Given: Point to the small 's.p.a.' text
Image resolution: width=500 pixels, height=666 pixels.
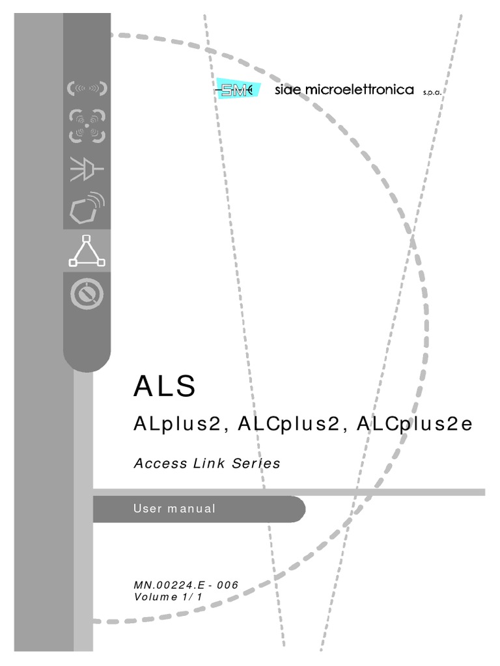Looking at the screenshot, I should point(432,92).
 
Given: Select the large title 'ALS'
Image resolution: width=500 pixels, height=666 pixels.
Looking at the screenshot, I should point(164,386).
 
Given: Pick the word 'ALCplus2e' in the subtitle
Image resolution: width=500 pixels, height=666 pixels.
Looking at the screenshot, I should point(412,425).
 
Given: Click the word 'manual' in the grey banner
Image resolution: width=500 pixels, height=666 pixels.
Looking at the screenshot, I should point(191,509).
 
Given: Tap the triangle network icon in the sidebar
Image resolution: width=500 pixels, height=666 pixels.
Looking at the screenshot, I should point(87,251).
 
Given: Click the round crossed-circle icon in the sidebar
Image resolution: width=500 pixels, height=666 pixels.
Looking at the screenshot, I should point(87,295).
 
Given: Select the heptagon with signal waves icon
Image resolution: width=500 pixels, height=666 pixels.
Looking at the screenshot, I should point(87,207).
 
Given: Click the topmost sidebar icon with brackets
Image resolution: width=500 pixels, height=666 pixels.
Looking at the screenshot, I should point(87,88).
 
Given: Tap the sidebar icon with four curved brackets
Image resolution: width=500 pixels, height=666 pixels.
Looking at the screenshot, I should point(87,127).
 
